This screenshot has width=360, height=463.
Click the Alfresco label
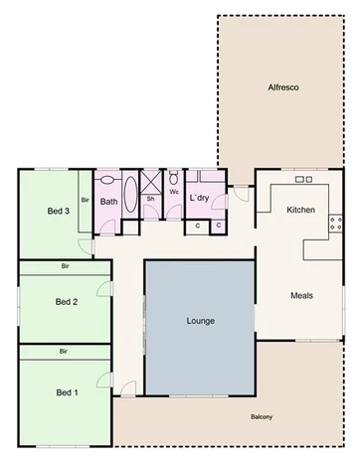[283, 88]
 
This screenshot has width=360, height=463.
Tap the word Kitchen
[300, 211]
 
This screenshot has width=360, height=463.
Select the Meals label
[303, 295]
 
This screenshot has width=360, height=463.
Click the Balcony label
[262, 416]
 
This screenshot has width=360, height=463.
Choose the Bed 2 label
[66, 301]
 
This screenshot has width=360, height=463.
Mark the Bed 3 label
[58, 211]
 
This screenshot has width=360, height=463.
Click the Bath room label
[108, 200]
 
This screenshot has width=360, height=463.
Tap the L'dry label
[198, 198]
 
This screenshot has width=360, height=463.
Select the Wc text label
[173, 192]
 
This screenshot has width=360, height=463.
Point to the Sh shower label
[150, 199]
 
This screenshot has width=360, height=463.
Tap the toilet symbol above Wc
[173, 180]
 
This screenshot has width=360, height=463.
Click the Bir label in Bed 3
[87, 200]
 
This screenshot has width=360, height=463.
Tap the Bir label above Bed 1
[64, 352]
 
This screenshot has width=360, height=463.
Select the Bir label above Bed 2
[64, 266]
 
